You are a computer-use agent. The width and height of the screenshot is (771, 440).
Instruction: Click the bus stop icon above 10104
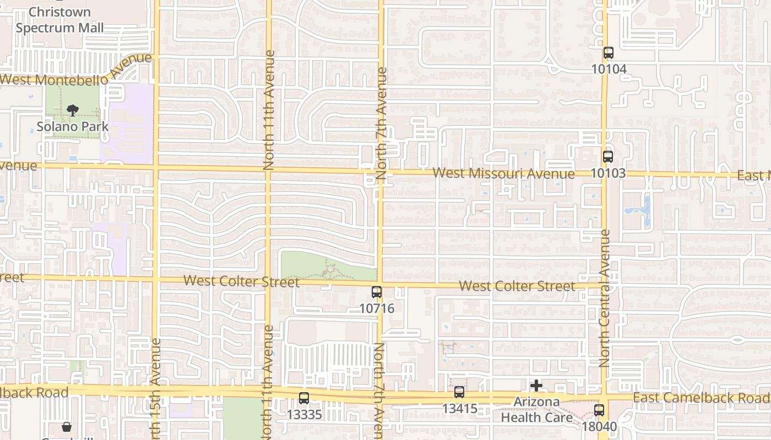(x=608, y=53)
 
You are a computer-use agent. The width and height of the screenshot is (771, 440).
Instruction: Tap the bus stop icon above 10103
(x=607, y=157)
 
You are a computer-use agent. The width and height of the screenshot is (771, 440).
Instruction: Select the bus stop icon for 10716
(x=377, y=292)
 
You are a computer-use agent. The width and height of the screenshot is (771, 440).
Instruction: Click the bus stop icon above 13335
(x=303, y=398)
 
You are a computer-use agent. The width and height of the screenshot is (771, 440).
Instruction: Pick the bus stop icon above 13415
(x=459, y=392)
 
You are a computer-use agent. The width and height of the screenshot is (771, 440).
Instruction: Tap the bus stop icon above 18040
(x=599, y=410)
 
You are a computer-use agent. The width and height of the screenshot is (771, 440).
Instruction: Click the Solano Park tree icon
(x=72, y=111)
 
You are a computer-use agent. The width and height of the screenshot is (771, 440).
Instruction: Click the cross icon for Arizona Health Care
(x=536, y=386)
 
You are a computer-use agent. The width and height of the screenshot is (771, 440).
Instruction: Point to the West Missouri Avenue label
(x=503, y=174)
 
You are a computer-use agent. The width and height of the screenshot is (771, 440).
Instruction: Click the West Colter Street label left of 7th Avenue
(x=241, y=282)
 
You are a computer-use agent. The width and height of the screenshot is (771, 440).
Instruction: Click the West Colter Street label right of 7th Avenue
(x=517, y=286)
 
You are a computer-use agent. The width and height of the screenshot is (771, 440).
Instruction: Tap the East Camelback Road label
(x=701, y=398)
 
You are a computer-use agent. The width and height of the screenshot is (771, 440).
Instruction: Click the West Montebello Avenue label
(x=76, y=70)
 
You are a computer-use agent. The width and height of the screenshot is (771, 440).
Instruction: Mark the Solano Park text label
(x=72, y=127)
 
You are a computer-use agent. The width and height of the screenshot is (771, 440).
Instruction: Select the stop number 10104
(x=609, y=69)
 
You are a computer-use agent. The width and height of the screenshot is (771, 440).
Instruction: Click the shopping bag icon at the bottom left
(x=67, y=427)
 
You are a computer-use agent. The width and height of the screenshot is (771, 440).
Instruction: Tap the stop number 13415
(x=459, y=409)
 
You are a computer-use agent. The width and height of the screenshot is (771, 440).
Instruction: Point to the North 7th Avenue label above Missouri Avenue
(x=382, y=123)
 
